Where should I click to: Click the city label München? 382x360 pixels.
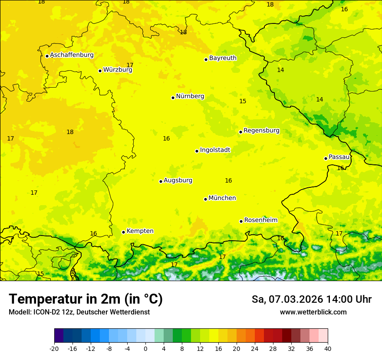(222, 198)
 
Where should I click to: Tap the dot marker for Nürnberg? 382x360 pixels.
(173, 98)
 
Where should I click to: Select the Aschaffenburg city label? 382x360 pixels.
(72, 55)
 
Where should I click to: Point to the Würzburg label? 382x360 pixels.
(118, 70)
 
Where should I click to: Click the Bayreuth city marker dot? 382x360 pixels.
(206, 59)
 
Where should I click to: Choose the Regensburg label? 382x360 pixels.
(261, 131)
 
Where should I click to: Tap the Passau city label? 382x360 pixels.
(339, 157)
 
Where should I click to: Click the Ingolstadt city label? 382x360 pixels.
(215, 150)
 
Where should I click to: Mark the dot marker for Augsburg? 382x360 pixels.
(161, 181)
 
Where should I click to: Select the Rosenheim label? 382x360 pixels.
(260, 220)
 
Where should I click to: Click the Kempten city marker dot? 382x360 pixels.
(123, 232)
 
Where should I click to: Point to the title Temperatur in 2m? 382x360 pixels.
(86, 299)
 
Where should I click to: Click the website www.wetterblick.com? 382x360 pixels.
(313, 312)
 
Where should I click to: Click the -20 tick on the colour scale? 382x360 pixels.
(54, 349)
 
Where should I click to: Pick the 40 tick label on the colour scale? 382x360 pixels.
(328, 349)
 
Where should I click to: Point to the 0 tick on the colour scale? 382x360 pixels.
(145, 349)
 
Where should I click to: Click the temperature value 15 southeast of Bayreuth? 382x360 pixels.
(243, 101)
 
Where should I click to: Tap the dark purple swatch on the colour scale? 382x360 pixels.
(59, 336)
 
